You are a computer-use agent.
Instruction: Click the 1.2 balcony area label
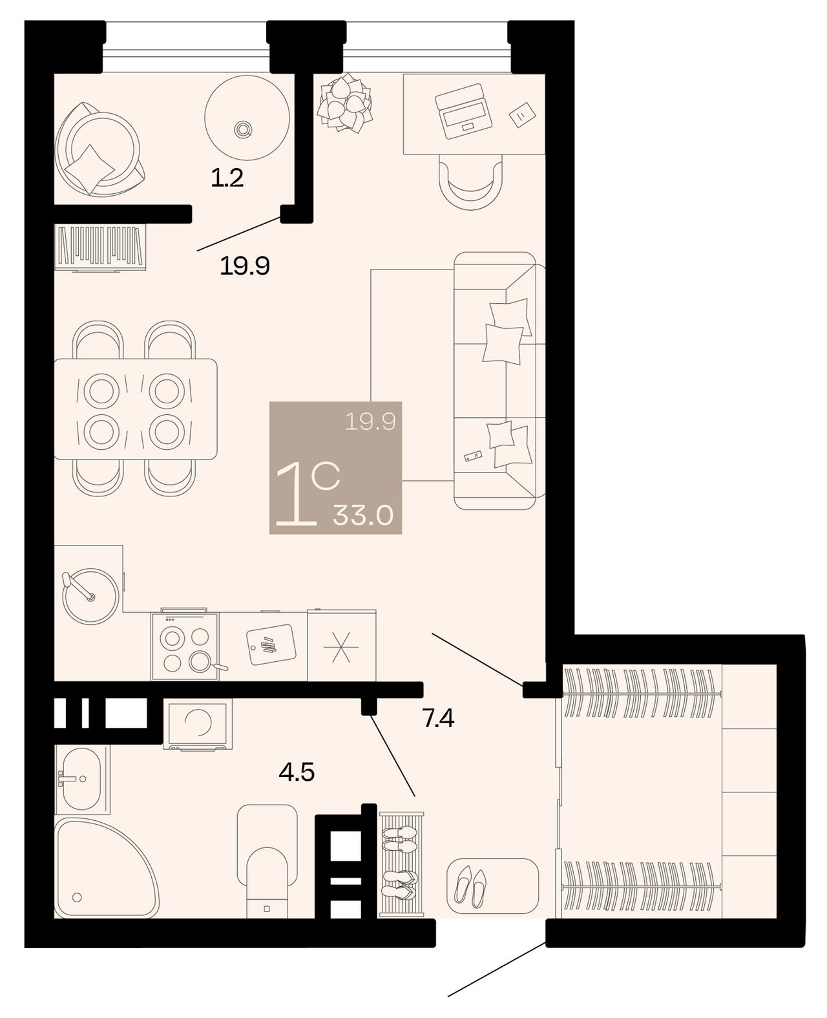click(x=227, y=178)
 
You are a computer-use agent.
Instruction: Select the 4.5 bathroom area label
click(x=297, y=771)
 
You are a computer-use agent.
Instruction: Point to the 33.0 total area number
click(x=362, y=515)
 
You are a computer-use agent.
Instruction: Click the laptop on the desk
click(x=463, y=111)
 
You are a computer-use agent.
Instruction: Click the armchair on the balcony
click(x=99, y=149)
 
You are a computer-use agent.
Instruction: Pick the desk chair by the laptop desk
click(x=470, y=182)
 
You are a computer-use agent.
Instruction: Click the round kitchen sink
click(x=90, y=596)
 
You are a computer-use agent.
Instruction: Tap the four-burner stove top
click(x=185, y=644)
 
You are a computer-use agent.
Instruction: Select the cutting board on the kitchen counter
click(x=271, y=644)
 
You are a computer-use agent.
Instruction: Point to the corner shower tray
click(x=105, y=867)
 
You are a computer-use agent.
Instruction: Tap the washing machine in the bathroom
click(x=198, y=724)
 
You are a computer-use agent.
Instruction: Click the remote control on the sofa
click(x=473, y=456)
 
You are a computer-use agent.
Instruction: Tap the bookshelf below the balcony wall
click(x=100, y=247)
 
